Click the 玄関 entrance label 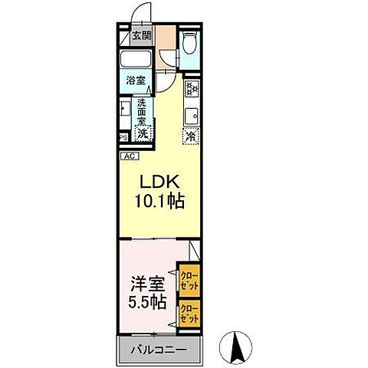pos(140,35)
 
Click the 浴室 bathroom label pos(136,79)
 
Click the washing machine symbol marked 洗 pos(143,132)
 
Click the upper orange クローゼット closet pos(189,280)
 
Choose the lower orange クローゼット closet pos(189,313)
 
